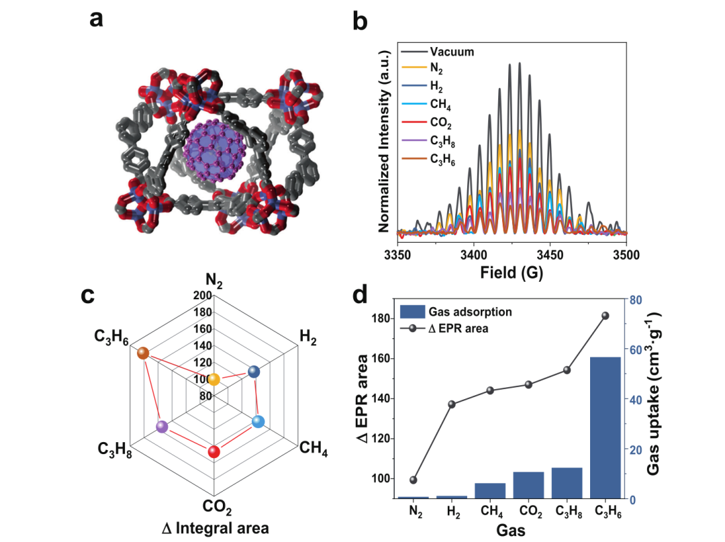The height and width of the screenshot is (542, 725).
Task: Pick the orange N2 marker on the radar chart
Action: point(213,380)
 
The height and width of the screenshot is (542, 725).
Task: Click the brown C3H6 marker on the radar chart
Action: point(142,354)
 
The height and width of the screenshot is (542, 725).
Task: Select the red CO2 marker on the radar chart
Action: point(214,452)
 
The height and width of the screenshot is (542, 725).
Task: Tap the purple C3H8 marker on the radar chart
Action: point(161,426)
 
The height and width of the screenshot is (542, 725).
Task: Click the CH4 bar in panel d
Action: point(490,490)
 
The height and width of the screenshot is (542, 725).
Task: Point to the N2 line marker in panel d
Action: point(413,480)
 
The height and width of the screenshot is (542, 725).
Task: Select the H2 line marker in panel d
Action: point(452,404)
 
